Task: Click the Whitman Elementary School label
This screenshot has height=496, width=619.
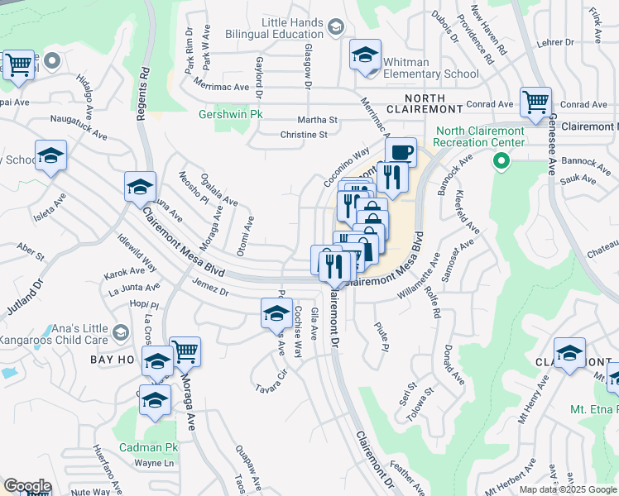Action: pyautogui.click(x=431, y=68)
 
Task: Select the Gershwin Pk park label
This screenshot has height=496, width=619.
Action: pyautogui.click(x=230, y=114)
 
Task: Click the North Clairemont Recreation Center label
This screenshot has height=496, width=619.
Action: pyautogui.click(x=481, y=136)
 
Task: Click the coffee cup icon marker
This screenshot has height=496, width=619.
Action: pyautogui.click(x=401, y=152)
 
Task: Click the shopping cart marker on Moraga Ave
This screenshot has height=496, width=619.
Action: pyautogui.click(x=185, y=351)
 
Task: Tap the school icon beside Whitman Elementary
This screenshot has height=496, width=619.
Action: pyautogui.click(x=364, y=55)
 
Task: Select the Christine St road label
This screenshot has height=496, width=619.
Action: pyautogui.click(x=305, y=135)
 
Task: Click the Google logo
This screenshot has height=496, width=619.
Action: pyautogui.click(x=26, y=486)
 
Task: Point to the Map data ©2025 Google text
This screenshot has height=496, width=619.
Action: pyautogui.click(x=568, y=489)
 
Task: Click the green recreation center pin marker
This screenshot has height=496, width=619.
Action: pyautogui.click(x=499, y=161)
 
